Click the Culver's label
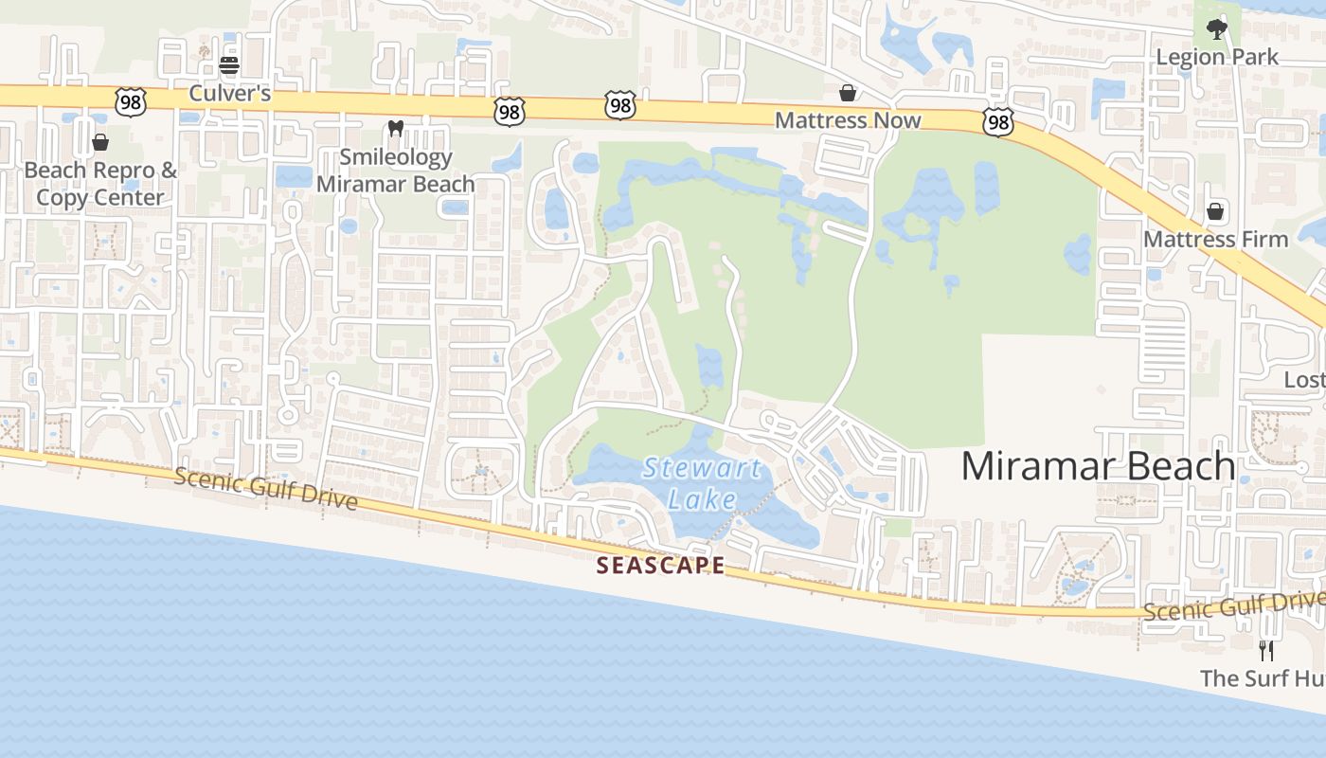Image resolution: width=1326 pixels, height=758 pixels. pos(229,93)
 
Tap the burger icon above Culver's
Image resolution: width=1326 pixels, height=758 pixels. pos(229,66)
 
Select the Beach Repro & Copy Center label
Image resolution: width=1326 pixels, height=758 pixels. pos(100,184)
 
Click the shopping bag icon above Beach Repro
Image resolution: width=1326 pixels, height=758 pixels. pos(100,143)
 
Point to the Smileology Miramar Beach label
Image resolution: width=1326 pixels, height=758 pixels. pos(396,171)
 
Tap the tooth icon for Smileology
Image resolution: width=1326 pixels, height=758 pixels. pos(396,128)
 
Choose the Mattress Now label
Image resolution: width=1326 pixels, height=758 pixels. pos(848,120)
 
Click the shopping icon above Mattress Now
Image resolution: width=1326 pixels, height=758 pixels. pos(848,93)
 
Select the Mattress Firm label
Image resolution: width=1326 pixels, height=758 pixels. pos(1215,239)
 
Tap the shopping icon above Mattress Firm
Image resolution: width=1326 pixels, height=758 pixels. pos(1215,211)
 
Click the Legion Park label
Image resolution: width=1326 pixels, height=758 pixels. pos(1217,57)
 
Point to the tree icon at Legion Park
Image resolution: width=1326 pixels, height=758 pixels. pos(1217,29)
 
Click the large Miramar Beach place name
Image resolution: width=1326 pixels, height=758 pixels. pos(1098,466)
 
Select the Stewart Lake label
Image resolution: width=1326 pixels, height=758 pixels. pos(702,483)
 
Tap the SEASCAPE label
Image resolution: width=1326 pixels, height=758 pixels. pos(661,566)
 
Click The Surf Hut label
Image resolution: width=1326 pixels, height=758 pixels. pos(1262,678)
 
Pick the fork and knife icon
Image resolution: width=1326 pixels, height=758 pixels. pos(1266,651)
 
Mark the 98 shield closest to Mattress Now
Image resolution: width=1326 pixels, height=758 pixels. pos(997,121)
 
